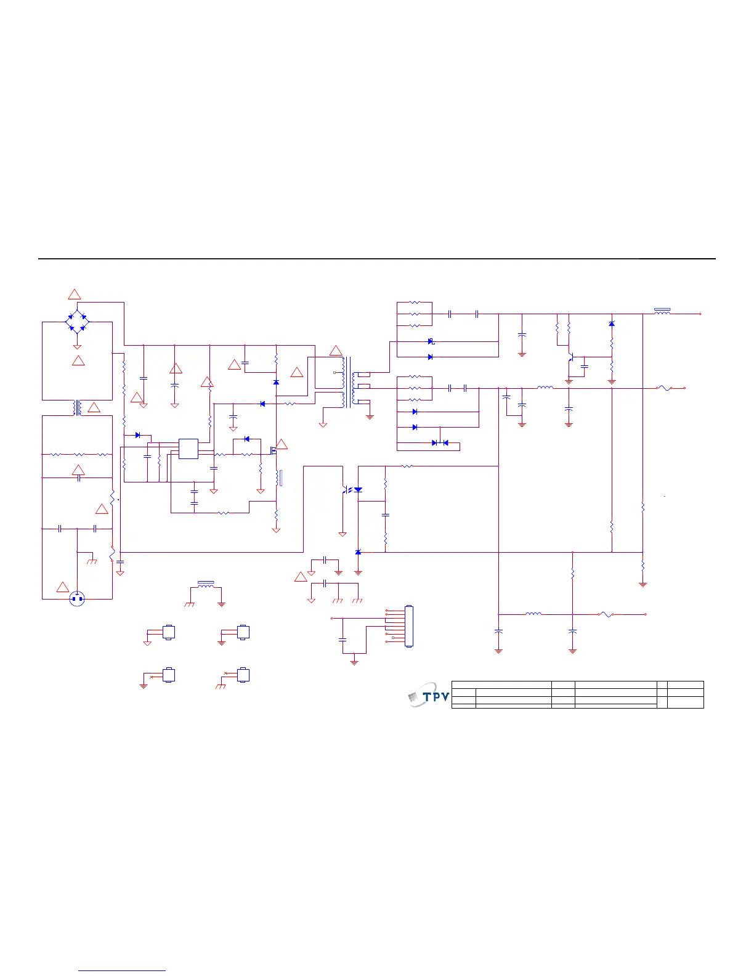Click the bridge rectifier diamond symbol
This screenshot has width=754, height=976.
77,322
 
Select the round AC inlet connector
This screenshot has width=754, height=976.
77,598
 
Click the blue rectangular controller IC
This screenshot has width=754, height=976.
188,449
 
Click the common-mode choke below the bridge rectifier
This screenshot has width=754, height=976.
78,407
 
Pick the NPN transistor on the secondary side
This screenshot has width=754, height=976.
572,357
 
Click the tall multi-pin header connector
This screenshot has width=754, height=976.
408,627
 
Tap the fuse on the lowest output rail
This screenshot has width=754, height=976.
606,614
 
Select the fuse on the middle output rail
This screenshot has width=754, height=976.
663,388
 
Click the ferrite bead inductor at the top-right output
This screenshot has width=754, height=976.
662,312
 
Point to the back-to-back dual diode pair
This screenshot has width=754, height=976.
440,442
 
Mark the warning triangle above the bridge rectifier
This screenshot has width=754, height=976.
74,295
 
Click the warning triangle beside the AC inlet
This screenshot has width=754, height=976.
63,587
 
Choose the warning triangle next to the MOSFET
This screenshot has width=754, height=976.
282,444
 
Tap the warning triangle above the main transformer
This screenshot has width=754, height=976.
336,351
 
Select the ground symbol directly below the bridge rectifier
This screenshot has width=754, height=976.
77,347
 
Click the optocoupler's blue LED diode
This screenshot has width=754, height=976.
358,490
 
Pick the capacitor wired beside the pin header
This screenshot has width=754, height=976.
343,640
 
